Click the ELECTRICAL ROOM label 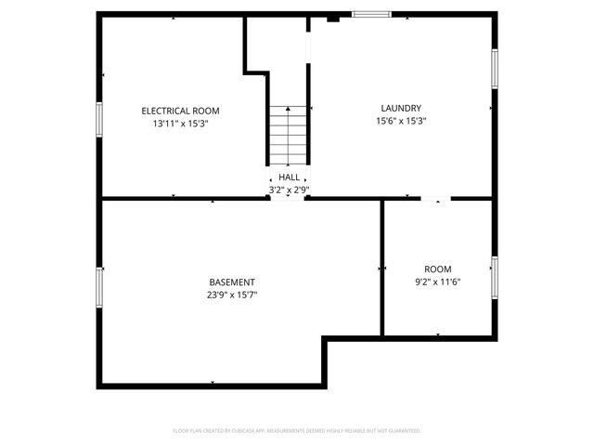[180, 111]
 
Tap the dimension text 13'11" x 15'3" [180, 124]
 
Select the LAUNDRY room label [401, 108]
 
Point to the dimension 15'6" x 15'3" [401, 121]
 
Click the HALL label [289, 177]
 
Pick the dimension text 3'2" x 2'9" [289, 190]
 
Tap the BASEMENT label [232, 282]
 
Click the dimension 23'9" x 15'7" [232, 295]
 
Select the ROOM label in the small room [438, 269]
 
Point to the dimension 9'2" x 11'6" [438, 282]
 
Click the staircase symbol [288, 135]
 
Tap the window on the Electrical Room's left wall [99, 120]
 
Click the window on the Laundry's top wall [369, 14]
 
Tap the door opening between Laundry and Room [437, 198]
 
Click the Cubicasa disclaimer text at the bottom [297, 431]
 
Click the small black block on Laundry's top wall [334, 16]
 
